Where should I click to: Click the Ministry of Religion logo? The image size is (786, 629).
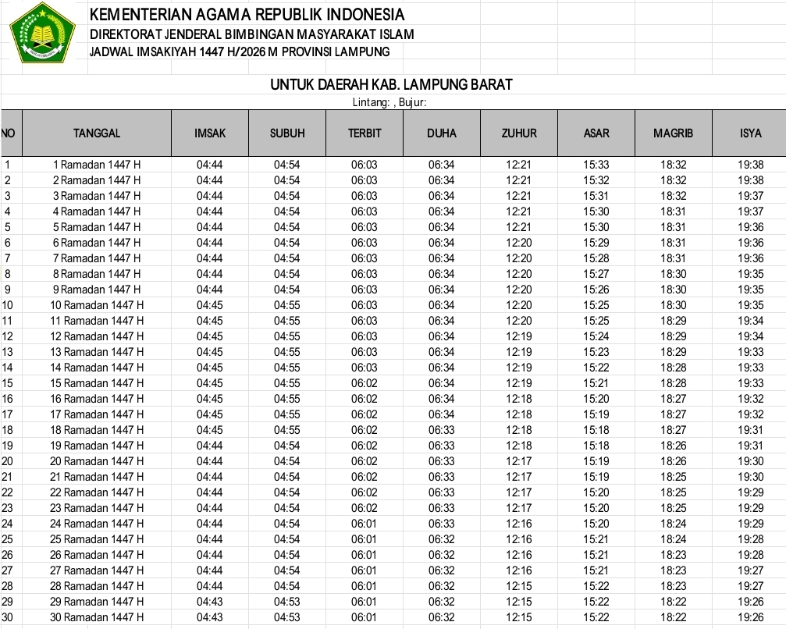pyautogui.click(x=41, y=33)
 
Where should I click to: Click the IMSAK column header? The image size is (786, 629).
pyautogui.click(x=210, y=133)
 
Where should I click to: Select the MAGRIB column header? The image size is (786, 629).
pyautogui.click(x=673, y=133)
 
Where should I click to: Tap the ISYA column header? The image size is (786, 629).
pyautogui.click(x=750, y=133)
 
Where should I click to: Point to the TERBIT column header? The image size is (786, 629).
pyautogui.click(x=365, y=133)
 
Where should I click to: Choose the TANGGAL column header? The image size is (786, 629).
pyautogui.click(x=97, y=133)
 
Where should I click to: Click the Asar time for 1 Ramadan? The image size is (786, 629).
pyautogui.click(x=596, y=165)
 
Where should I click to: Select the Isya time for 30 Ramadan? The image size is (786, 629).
pyautogui.click(x=750, y=617)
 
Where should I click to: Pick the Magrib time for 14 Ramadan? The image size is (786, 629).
pyautogui.click(x=673, y=368)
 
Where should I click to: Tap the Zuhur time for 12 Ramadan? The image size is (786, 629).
pyautogui.click(x=518, y=336)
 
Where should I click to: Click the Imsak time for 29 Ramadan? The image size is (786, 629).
pyautogui.click(x=209, y=602)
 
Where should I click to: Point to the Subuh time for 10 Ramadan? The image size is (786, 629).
pyautogui.click(x=286, y=305)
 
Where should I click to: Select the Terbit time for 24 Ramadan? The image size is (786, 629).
pyautogui.click(x=364, y=524)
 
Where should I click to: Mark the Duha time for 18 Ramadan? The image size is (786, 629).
pyautogui.click(x=441, y=430)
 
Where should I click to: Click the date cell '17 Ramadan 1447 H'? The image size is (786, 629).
pyautogui.click(x=98, y=414)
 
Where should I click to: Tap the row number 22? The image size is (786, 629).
pyautogui.click(x=8, y=492)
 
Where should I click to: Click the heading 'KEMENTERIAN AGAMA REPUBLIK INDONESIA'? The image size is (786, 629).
pyautogui.click(x=247, y=15)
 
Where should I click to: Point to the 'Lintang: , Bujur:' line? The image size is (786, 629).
pyautogui.click(x=389, y=102)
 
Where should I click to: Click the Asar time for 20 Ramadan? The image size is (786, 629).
pyautogui.click(x=596, y=461)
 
